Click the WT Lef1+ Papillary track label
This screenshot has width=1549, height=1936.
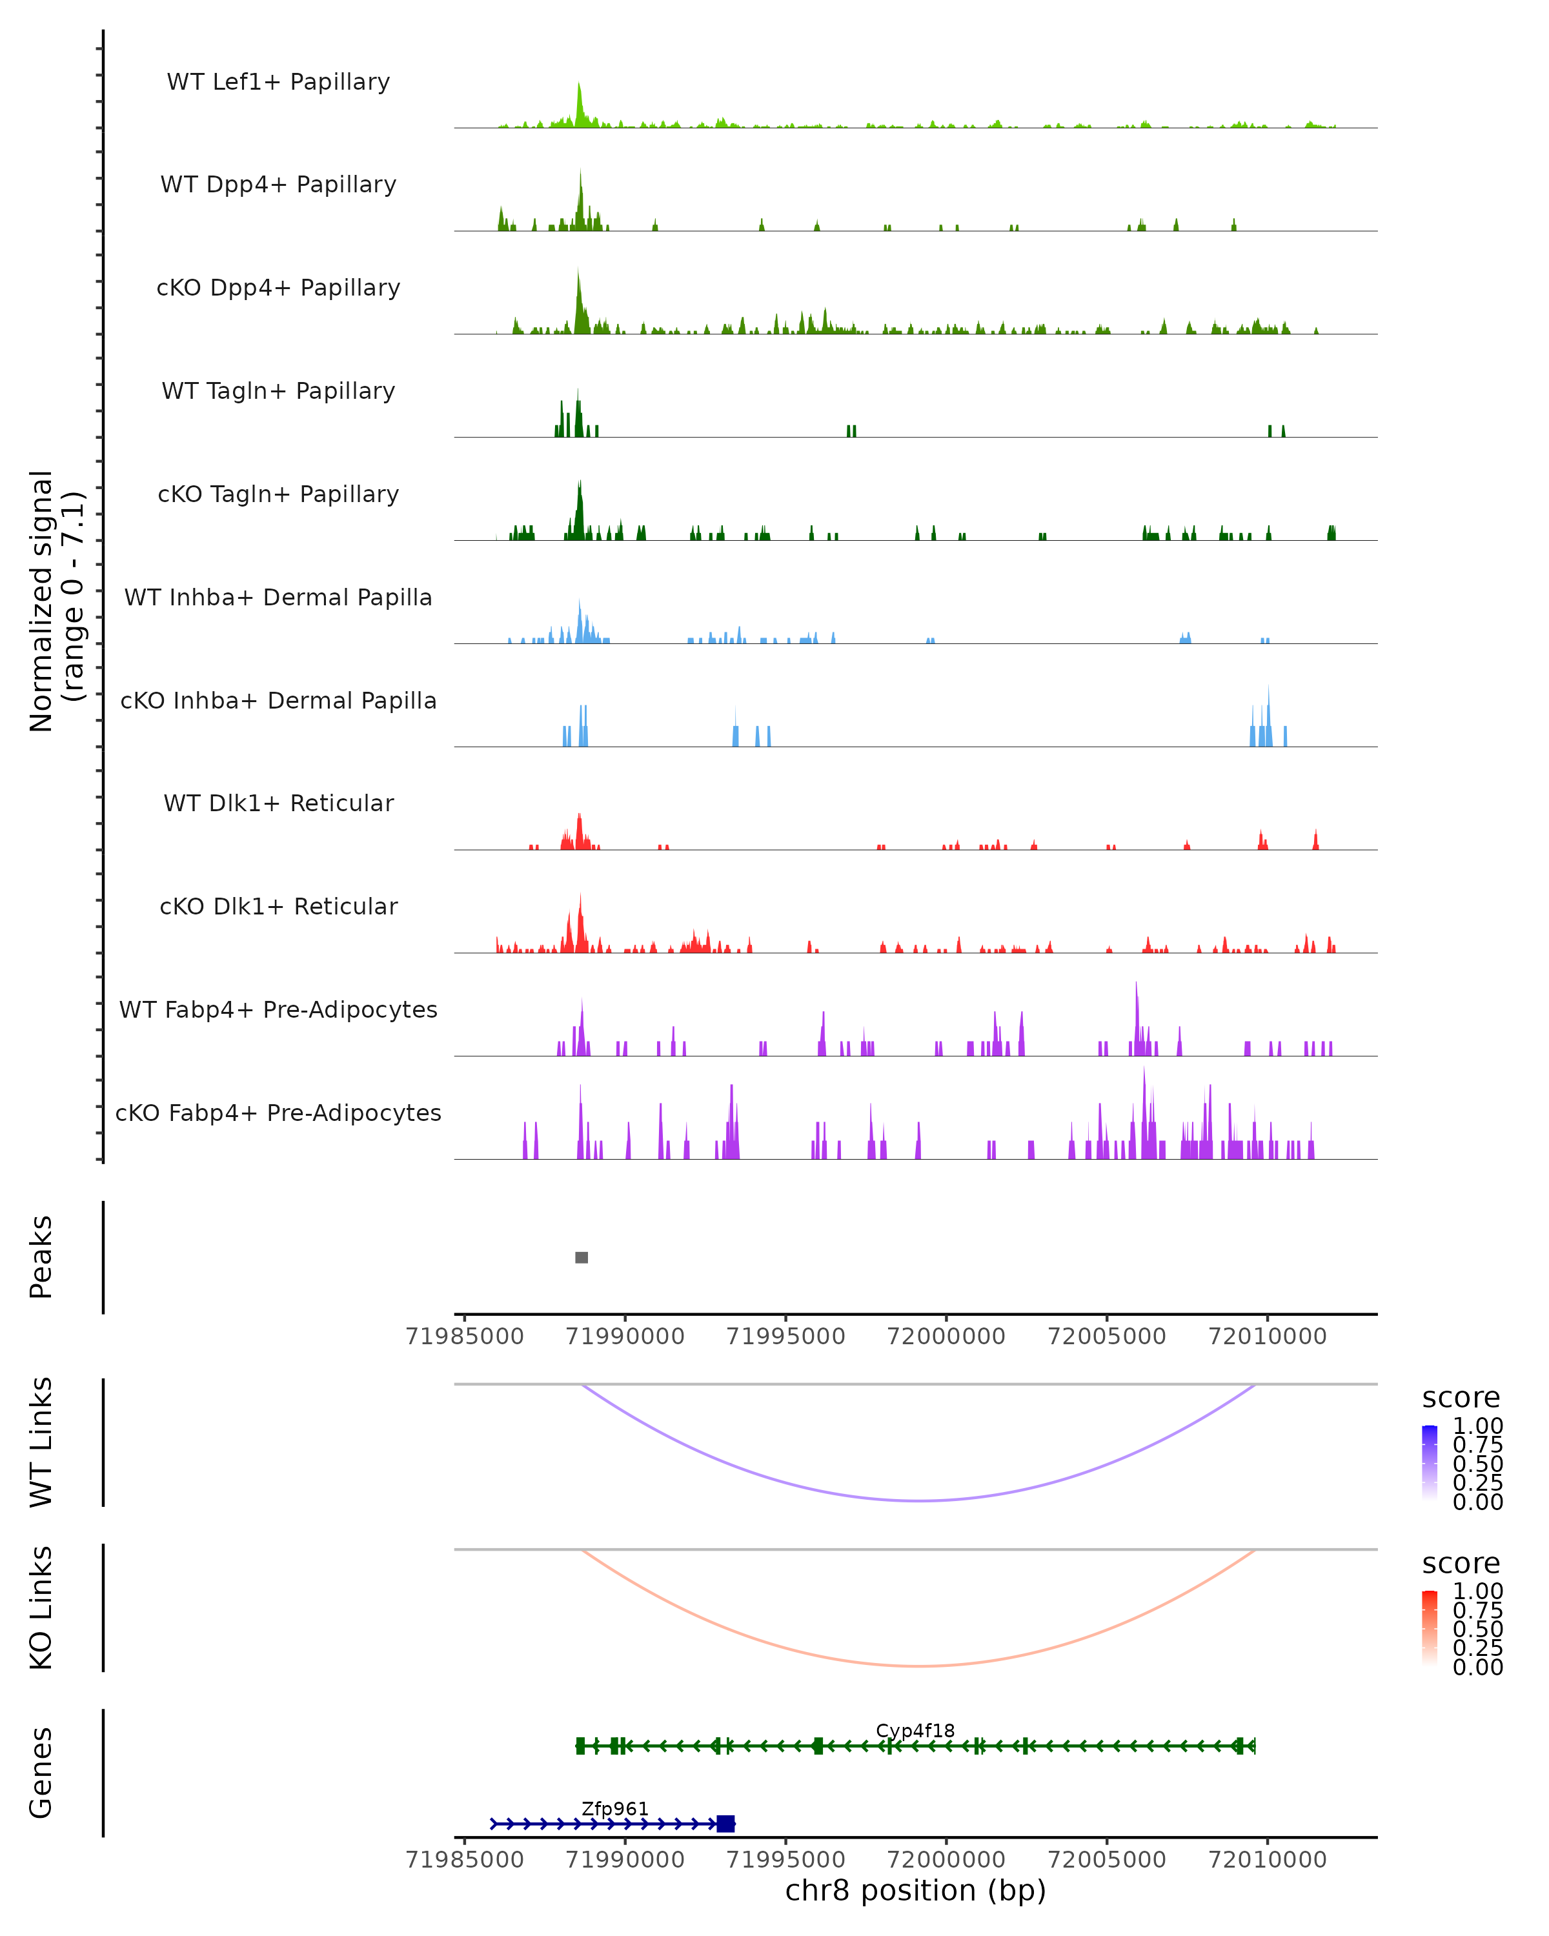click(x=278, y=82)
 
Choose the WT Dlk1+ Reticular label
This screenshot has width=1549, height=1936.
click(x=278, y=803)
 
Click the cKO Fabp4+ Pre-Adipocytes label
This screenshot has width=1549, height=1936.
click(x=278, y=1113)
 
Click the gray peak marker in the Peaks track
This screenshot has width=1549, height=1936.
click(x=581, y=1257)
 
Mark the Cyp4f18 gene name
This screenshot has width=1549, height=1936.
click(x=915, y=1730)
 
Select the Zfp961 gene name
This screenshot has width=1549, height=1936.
click(x=614, y=1808)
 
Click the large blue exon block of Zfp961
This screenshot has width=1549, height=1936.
click(x=725, y=1824)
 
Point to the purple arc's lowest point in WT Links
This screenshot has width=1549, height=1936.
click(x=918, y=1500)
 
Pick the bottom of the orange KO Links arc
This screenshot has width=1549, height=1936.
click(x=918, y=1666)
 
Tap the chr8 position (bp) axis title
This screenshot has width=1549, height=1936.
click(x=915, y=1890)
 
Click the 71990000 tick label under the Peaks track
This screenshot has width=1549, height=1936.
click(x=625, y=1336)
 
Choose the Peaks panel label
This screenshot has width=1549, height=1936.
click(x=41, y=1256)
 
